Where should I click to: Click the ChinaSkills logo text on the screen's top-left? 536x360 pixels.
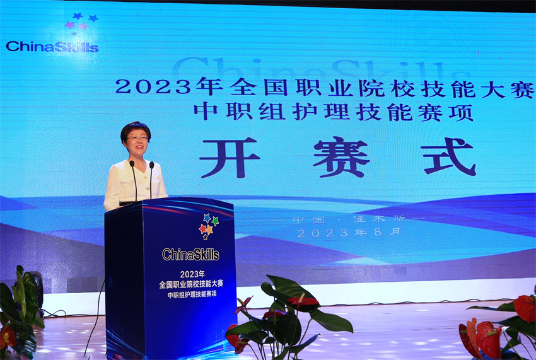(x=52, y=47)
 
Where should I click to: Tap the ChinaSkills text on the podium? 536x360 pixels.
(x=190, y=254)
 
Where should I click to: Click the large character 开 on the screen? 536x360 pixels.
(x=230, y=157)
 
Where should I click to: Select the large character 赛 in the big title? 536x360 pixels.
(x=341, y=157)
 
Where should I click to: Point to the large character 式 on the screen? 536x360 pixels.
(x=448, y=156)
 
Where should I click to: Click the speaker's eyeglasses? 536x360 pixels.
(x=137, y=138)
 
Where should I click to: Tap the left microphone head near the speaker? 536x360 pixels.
(x=132, y=164)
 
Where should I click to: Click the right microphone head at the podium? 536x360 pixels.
(x=151, y=165)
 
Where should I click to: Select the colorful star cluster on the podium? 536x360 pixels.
(x=208, y=226)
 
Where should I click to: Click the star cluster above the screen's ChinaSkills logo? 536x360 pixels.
(x=81, y=23)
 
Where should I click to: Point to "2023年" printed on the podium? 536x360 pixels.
(x=192, y=274)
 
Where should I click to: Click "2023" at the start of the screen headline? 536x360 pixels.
(x=153, y=86)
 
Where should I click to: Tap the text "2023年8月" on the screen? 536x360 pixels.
(x=349, y=233)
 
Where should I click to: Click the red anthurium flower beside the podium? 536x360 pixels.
(x=303, y=301)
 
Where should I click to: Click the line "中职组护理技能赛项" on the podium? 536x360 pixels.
(x=192, y=294)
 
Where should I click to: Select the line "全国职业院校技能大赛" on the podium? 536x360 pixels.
(x=191, y=284)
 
